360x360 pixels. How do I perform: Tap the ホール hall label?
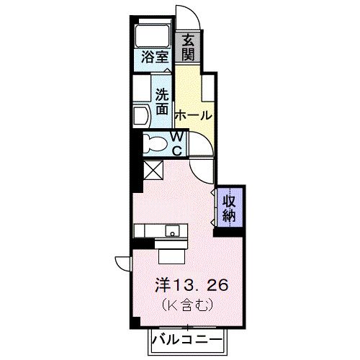tap(194, 115)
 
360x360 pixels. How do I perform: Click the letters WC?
tap(179, 143)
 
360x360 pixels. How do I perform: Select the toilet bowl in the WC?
tap(153, 142)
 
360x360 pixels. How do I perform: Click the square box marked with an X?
tap(153, 169)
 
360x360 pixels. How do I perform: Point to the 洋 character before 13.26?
tap(163, 285)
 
